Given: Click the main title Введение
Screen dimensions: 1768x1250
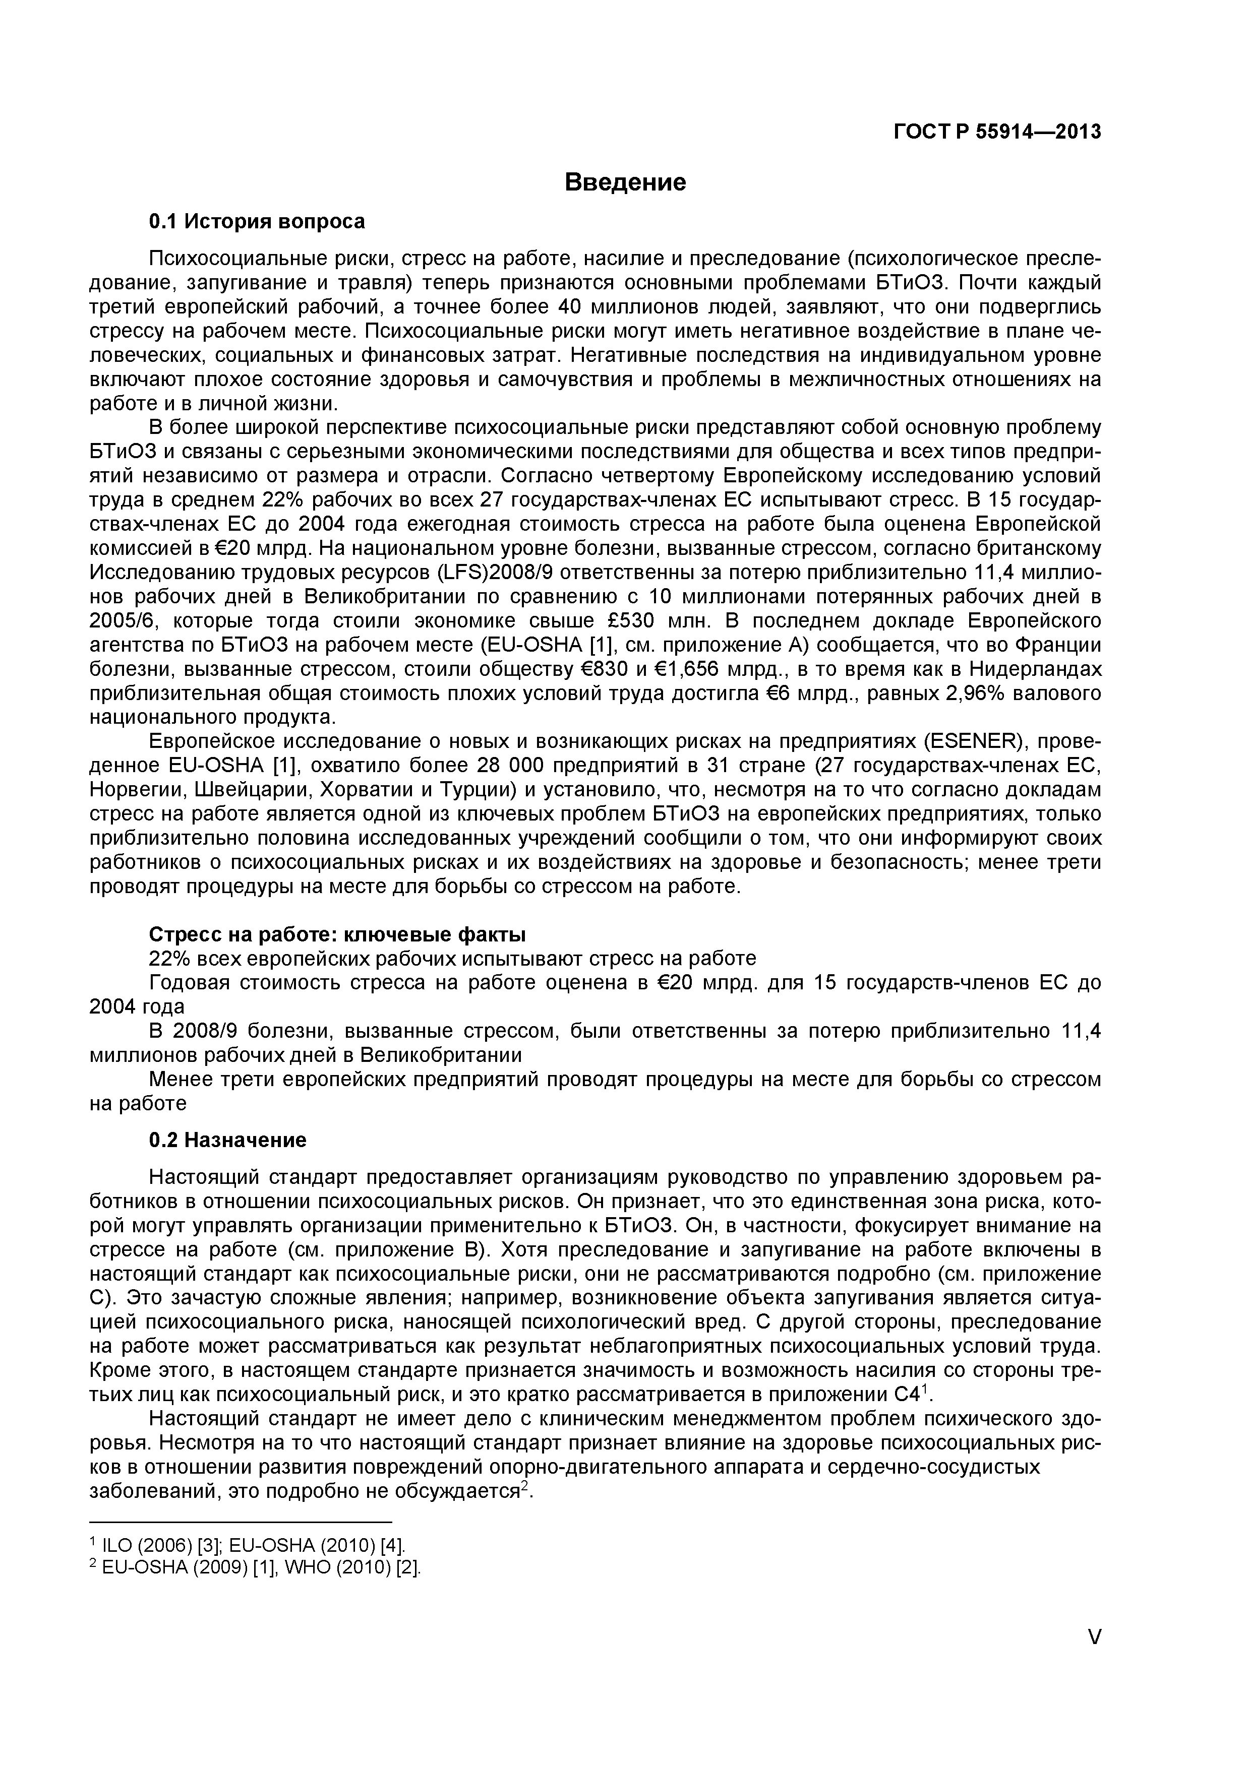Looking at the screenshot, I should [x=625, y=182].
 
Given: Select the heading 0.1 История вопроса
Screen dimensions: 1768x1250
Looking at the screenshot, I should [x=257, y=222].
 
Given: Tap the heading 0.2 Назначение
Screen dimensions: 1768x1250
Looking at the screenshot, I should [x=227, y=1140].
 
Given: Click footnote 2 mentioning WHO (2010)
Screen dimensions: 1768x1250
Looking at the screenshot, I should [x=256, y=1568].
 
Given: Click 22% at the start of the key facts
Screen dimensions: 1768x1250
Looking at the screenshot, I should [x=168, y=959].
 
